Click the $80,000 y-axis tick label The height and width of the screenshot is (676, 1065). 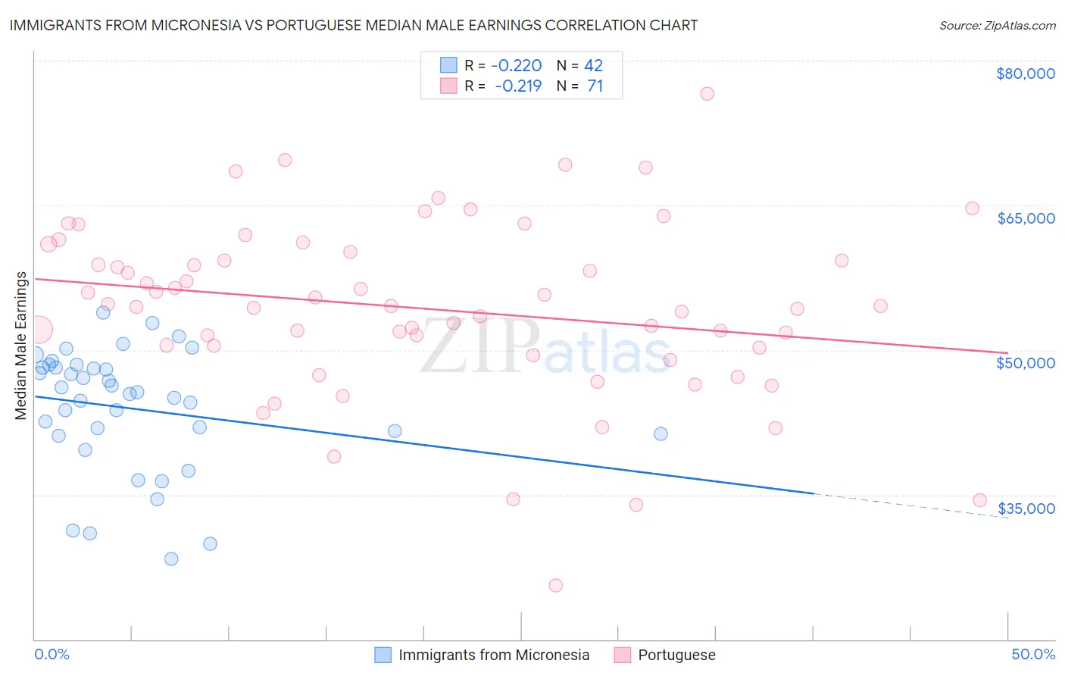click(x=1025, y=74)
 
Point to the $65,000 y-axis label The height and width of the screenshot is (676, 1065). click(x=1026, y=218)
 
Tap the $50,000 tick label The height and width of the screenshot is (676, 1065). click(x=1026, y=363)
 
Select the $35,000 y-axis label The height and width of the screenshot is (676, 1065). click(x=1026, y=509)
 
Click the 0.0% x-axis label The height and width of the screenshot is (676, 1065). click(x=52, y=654)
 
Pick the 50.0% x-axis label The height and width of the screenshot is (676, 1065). click(x=1032, y=654)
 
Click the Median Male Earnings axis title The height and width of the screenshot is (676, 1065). click(x=21, y=346)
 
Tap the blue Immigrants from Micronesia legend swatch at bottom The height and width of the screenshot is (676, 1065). click(x=383, y=655)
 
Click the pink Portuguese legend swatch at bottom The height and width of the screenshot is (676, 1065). click(x=623, y=655)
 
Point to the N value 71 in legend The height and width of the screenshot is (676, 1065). click(x=595, y=86)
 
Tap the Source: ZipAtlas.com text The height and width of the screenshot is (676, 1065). click(x=997, y=25)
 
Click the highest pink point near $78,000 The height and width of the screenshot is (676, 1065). click(x=707, y=94)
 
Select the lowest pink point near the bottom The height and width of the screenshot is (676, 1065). click(x=555, y=585)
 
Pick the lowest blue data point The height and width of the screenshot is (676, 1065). click(x=171, y=559)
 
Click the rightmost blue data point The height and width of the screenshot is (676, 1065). click(x=661, y=433)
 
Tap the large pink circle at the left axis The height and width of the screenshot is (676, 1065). click(x=39, y=330)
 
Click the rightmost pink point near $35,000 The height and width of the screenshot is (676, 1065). click(x=979, y=500)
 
